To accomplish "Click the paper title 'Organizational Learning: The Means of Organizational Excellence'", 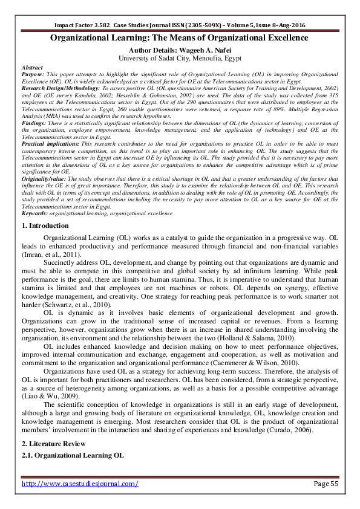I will pyautogui.click(x=179, y=38).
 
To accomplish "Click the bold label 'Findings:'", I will pyautogui.click(x=34, y=122).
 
